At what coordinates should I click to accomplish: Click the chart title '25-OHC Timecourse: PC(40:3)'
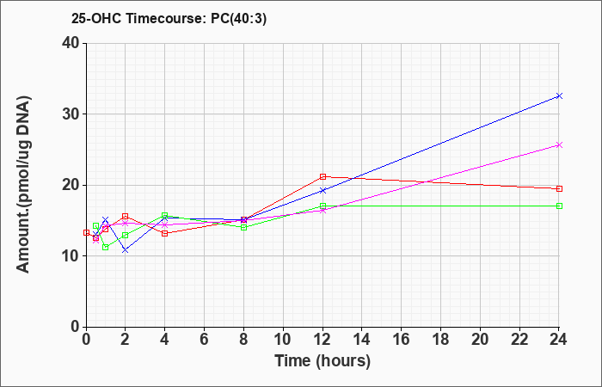click(169, 18)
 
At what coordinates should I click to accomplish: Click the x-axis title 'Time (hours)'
click(322, 361)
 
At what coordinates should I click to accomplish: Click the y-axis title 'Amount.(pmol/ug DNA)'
click(23, 185)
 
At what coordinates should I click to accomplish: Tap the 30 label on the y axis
click(71, 114)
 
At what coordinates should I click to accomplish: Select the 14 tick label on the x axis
click(362, 339)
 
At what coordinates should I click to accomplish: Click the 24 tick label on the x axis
click(558, 339)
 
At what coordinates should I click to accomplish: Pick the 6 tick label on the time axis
click(205, 339)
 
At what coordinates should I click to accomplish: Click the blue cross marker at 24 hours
click(559, 95)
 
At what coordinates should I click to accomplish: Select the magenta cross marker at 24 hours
click(559, 144)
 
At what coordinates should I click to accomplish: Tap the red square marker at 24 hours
click(559, 188)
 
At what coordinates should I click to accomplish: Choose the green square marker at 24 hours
click(559, 206)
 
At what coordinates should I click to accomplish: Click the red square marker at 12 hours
click(322, 176)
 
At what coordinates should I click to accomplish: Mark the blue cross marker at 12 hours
click(322, 190)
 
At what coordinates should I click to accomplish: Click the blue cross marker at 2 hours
click(126, 250)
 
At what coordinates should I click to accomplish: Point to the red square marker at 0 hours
click(86, 232)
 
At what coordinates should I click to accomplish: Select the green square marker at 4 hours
click(165, 215)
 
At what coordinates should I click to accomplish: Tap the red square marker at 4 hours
click(165, 233)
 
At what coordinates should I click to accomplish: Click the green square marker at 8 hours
click(243, 227)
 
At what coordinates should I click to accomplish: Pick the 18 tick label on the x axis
click(440, 339)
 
